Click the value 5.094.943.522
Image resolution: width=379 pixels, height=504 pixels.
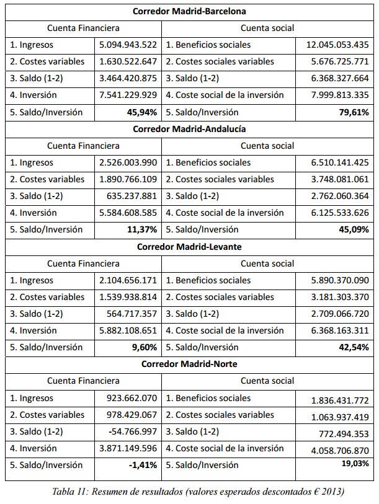coord(128,45)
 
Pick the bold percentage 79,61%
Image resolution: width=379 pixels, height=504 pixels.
coord(351,112)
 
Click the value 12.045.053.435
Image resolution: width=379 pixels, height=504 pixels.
coord(337,45)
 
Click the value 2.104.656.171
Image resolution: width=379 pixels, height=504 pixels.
coord(128,280)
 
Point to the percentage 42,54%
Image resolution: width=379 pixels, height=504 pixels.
coord(351,347)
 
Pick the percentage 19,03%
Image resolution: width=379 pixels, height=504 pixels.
coord(353,464)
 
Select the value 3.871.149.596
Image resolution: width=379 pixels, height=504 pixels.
coord(128,448)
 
